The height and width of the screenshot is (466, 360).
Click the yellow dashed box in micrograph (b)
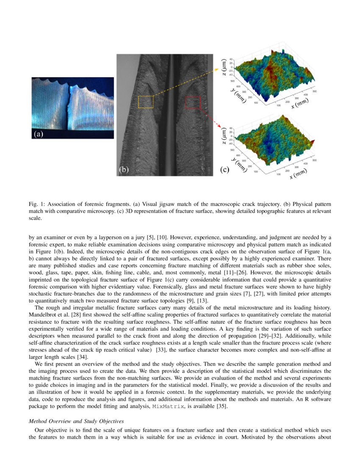tap(146, 102)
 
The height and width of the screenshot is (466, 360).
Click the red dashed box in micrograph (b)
tap(192, 102)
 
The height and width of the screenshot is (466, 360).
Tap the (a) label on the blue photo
tap(39, 134)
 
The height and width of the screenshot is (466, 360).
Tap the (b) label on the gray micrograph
tap(123, 170)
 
